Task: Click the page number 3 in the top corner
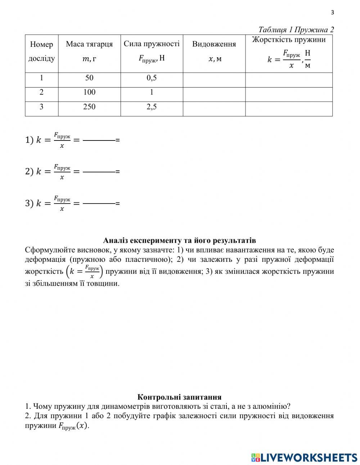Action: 332,13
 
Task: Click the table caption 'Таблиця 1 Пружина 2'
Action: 296,30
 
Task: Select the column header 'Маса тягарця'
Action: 89,44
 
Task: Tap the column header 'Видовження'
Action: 214,44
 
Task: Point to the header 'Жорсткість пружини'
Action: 289,40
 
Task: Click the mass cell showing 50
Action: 89,78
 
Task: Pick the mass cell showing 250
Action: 89,107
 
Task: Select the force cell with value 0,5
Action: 152,78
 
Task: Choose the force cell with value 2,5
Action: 152,107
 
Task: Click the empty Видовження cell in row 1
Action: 214,80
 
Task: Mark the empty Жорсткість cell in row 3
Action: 289,109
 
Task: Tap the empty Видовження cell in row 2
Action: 214,94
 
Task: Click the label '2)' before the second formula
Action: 29,172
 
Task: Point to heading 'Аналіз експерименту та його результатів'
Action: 179,240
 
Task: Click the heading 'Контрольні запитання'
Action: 179,397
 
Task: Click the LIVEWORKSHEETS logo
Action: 304,457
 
